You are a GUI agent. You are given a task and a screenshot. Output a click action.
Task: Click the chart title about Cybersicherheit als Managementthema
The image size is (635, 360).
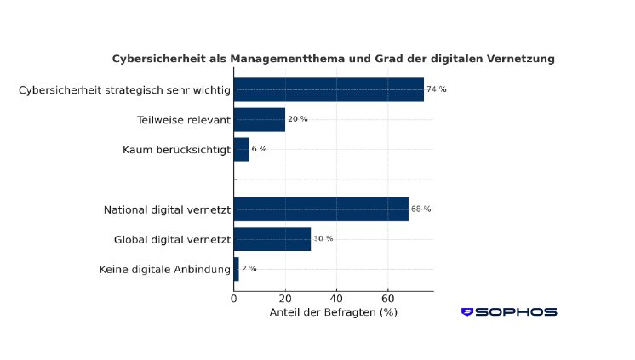334,59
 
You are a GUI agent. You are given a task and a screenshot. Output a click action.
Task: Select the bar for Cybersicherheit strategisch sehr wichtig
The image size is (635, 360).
329,89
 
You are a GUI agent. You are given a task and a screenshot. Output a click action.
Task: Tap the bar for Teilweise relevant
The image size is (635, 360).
259,119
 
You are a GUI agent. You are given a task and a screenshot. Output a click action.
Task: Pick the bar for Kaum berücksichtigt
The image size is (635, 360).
241,149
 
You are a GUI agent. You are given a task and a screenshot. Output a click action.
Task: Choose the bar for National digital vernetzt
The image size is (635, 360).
321,209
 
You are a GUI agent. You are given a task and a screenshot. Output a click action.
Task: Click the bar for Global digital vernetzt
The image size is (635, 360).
272,239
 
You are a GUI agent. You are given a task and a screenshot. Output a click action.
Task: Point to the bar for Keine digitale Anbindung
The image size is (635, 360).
236,269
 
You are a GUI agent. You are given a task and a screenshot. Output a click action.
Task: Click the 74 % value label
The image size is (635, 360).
437,89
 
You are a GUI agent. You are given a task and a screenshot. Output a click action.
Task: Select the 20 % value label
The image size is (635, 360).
298,119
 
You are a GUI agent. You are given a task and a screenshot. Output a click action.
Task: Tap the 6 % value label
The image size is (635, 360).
259,149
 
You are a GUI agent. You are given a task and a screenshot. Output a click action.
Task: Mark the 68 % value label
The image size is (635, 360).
421,209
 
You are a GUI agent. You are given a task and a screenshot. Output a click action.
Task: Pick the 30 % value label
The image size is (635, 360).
323,239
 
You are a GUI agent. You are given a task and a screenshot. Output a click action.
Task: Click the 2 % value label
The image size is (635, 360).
249,269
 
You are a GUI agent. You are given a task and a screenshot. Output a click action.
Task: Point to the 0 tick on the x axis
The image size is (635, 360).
234,299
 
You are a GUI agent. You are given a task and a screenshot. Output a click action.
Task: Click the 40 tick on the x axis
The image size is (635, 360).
336,299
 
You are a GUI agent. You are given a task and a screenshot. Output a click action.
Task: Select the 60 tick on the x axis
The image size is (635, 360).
388,299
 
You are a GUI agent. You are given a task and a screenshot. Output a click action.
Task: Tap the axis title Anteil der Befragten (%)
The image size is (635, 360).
334,312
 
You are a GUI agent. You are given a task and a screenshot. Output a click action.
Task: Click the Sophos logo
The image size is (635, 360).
509,312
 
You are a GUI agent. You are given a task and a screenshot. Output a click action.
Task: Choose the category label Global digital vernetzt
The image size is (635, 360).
172,239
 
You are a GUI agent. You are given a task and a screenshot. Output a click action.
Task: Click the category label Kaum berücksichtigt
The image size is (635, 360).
176,149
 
